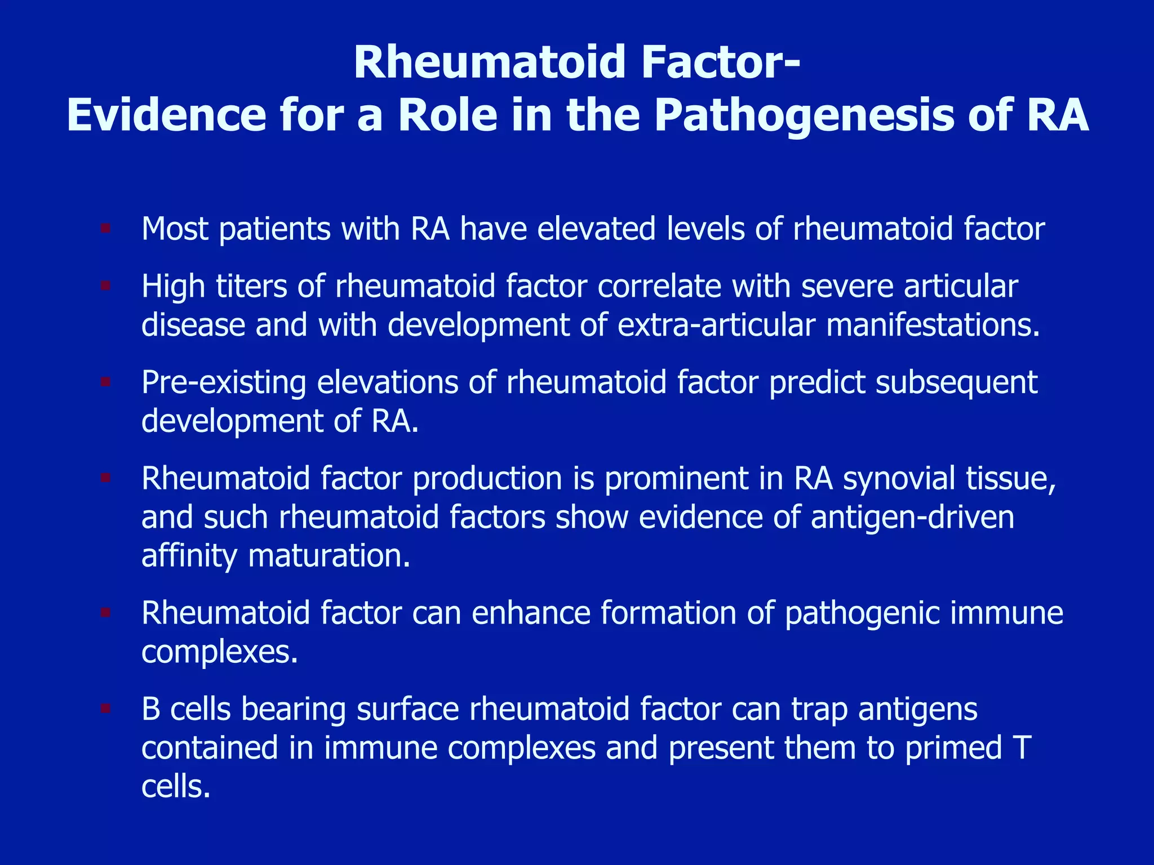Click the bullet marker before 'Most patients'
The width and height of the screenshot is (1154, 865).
(x=105, y=229)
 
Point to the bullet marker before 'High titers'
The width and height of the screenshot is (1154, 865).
(x=105, y=286)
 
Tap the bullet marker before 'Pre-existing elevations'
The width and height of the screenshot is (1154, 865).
(x=105, y=382)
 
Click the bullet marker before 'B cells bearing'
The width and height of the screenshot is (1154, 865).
(x=105, y=708)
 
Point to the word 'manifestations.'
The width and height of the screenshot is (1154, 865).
(x=933, y=325)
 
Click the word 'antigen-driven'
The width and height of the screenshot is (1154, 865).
(x=912, y=517)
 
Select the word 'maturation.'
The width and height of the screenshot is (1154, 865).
(x=329, y=556)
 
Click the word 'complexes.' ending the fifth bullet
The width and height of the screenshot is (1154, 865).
(x=219, y=652)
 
